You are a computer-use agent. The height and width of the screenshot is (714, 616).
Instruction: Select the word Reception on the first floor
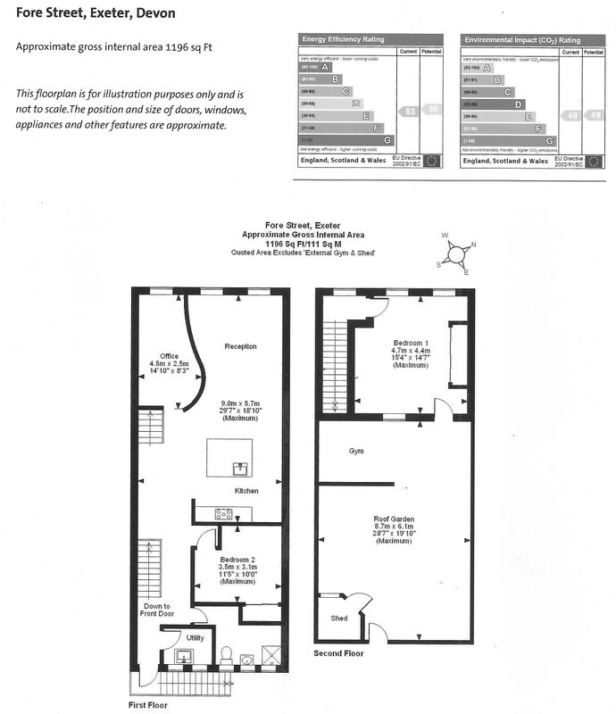[240, 346]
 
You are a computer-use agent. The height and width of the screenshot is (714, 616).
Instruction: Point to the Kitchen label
[246, 492]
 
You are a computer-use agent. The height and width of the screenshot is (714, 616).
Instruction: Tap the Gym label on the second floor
[356, 452]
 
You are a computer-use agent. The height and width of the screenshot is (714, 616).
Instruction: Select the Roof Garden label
[394, 518]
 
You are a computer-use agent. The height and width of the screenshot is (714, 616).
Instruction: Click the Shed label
[339, 619]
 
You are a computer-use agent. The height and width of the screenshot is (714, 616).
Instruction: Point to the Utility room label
[194, 638]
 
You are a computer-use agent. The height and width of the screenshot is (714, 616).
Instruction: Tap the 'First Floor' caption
[147, 705]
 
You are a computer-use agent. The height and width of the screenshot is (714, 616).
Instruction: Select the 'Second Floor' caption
[339, 654]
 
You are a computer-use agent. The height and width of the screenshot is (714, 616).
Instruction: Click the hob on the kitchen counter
[223, 513]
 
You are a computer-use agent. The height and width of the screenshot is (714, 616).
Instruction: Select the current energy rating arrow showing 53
[409, 112]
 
